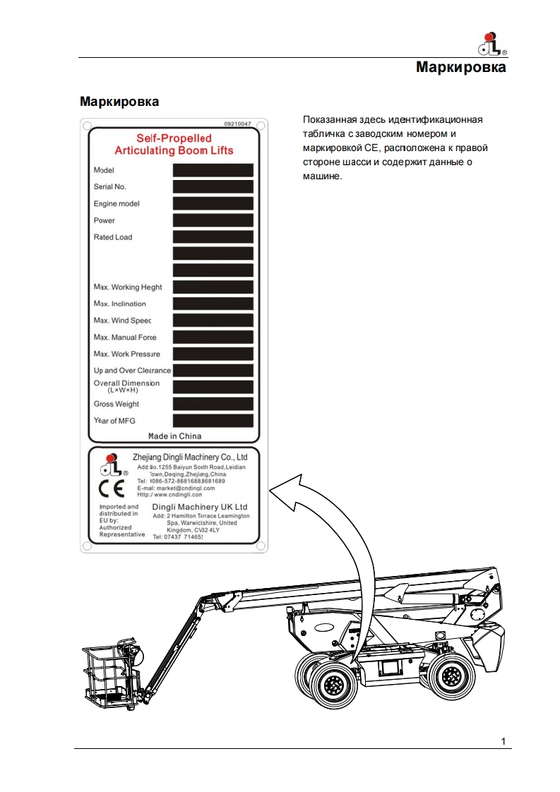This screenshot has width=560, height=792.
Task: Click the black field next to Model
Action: tap(213, 170)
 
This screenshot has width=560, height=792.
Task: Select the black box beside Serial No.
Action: tap(213, 187)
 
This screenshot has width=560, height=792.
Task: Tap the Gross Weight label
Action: tap(117, 404)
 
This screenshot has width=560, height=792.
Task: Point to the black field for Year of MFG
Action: tap(213, 421)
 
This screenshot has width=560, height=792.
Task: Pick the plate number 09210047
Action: tap(237, 124)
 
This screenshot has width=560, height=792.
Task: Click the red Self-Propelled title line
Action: tap(174, 139)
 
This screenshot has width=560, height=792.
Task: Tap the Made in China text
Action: tap(174, 436)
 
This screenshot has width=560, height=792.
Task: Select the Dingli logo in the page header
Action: tap(492, 44)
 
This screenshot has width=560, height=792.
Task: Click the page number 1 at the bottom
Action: tap(503, 740)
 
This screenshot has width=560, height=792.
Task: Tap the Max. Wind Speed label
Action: tap(123, 321)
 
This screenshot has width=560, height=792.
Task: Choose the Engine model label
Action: tap(117, 204)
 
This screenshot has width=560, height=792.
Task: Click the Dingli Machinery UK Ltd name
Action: tap(200, 507)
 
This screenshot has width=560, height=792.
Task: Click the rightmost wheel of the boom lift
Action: tap(451, 678)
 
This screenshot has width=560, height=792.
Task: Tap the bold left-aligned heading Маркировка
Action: tap(119, 102)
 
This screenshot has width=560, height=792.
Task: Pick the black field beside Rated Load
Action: tap(213, 237)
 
